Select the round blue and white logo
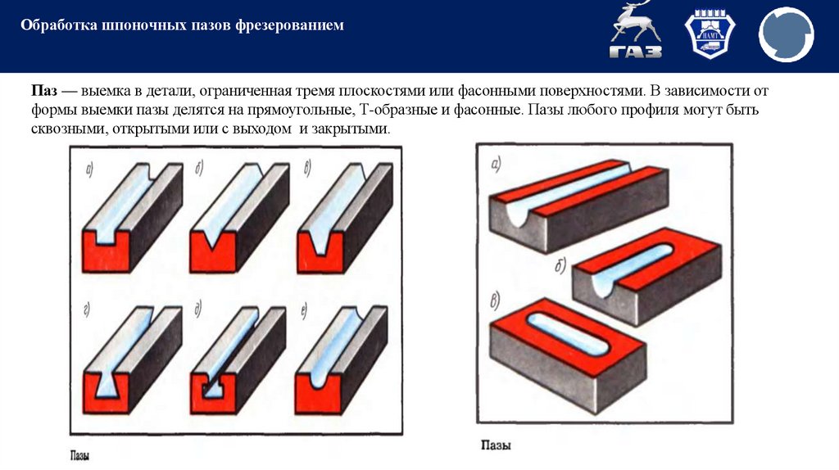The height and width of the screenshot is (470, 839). tap(786, 35)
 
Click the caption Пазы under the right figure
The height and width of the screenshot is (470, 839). tap(496, 446)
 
